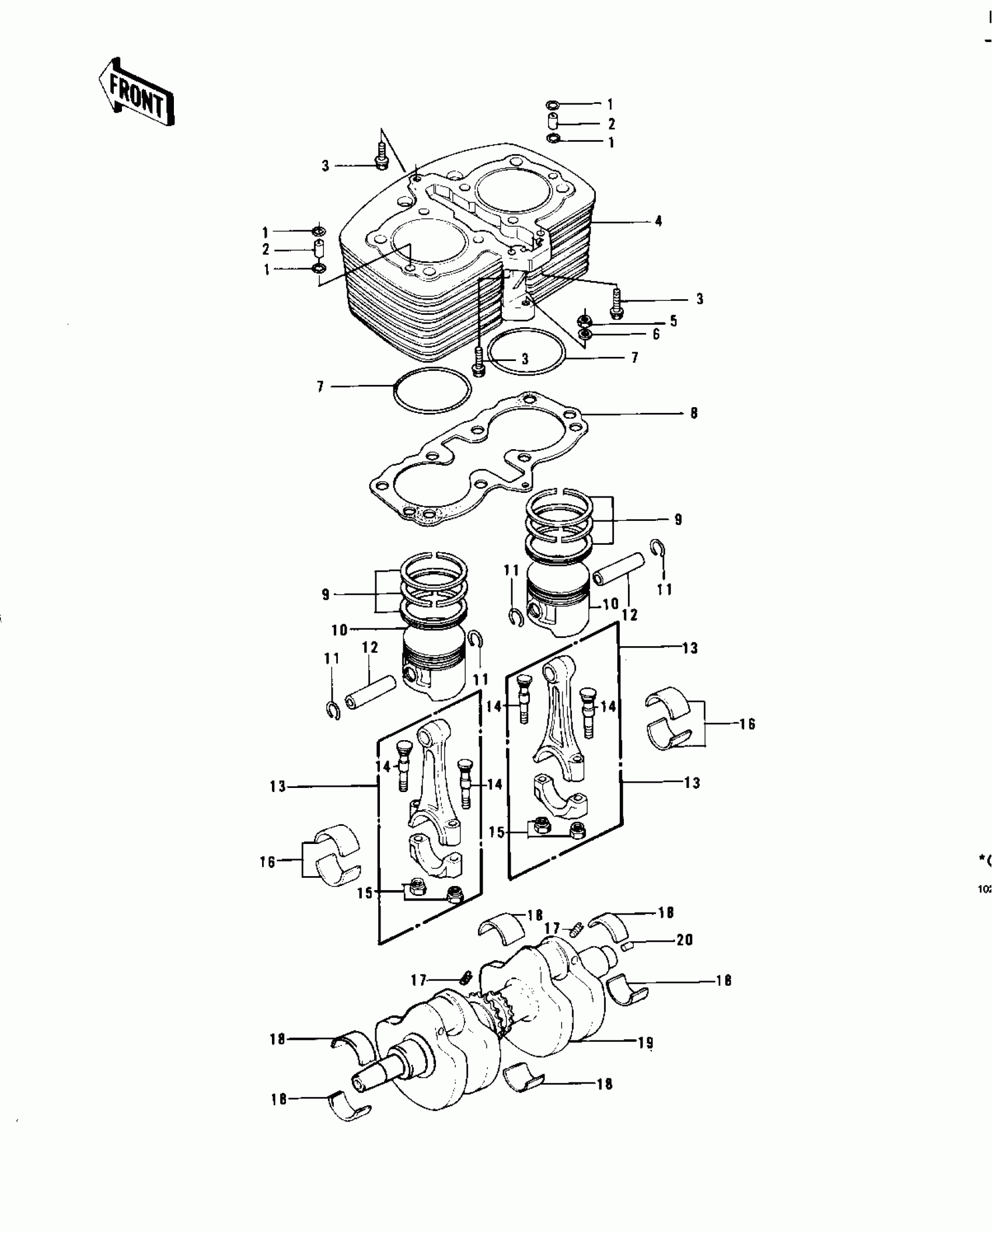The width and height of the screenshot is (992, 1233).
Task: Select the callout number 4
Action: coord(658,222)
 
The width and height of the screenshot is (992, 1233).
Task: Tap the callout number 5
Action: coord(673,321)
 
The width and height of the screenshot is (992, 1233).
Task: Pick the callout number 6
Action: coord(656,335)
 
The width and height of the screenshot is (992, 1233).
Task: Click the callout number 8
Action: coord(694,414)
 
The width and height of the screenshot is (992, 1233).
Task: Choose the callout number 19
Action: coord(645,1043)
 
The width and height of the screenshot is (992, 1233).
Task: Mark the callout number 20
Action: coord(684,940)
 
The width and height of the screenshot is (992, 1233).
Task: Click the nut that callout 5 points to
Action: coord(584,321)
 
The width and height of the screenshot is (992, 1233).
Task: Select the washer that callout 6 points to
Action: coord(584,334)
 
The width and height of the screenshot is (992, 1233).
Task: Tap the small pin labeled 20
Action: coord(627,946)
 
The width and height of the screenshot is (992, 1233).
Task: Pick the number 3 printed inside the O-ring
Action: coord(525,359)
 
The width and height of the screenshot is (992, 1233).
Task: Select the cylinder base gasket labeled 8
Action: coord(467,461)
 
